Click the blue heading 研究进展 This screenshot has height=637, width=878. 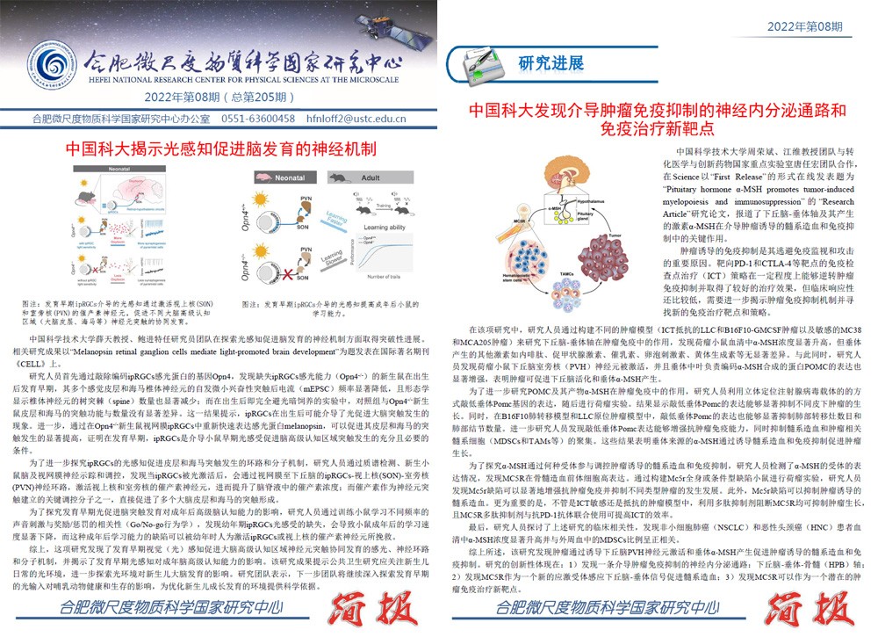(x=551, y=63)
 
